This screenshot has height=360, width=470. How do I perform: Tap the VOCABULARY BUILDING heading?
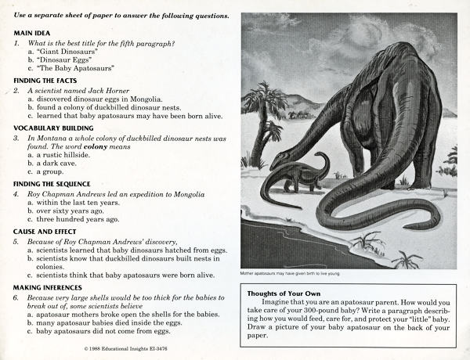coord(53,128)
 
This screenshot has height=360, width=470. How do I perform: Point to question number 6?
coord(16,298)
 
